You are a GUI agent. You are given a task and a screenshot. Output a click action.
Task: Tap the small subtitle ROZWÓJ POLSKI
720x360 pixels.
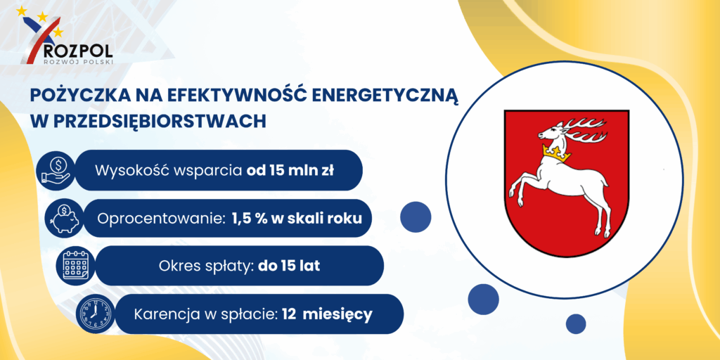pos(77,62)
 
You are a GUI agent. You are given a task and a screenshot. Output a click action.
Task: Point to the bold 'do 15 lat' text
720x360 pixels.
pos(289,266)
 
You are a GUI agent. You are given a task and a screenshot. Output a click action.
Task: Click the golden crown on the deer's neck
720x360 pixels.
pos(557,153)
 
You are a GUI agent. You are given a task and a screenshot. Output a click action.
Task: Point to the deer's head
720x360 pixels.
pos(553,134)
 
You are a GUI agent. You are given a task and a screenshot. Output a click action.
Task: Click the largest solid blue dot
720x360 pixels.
pos(416,217)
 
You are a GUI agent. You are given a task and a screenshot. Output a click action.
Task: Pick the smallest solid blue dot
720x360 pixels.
pos(576,323)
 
